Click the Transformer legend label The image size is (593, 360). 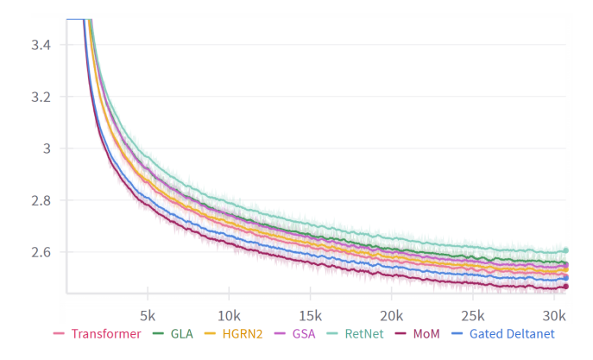tap(105, 333)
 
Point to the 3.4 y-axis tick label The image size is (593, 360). tap(40, 44)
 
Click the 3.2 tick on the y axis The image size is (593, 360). tap(40, 97)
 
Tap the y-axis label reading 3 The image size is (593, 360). tap(47, 148)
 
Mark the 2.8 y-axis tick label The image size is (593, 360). tap(40, 200)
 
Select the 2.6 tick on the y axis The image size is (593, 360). tap(40, 252)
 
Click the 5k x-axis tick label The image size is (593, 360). tap(147, 313)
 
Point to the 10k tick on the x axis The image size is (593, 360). tap(229, 313)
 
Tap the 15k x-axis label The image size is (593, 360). tap(311, 313)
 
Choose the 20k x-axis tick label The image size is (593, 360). tap(392, 313)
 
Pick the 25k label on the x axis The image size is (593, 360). tap(474, 313)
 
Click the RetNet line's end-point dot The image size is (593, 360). tap(566, 250)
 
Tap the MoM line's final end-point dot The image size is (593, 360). tap(566, 287)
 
